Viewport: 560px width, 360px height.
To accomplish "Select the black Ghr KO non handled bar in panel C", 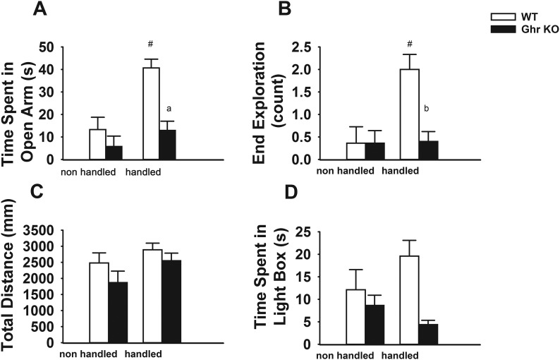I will [116, 312].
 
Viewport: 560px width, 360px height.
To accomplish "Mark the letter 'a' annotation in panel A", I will [169, 109].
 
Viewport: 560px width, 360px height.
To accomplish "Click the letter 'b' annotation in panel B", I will [427, 109].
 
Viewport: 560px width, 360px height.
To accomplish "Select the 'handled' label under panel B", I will [400, 170].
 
